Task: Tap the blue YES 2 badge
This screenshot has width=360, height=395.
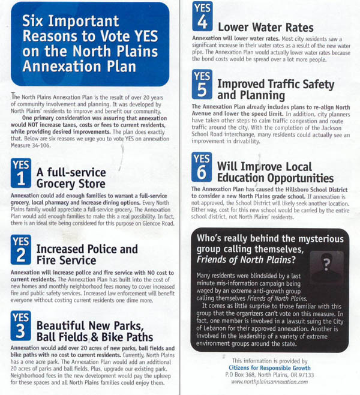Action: coord(22,248)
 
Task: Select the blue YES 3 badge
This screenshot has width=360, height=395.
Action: coord(22,325)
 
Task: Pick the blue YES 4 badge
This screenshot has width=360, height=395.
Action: coord(202,17)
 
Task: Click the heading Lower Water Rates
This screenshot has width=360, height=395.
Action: coord(265,27)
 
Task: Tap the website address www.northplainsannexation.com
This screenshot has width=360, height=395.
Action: coord(265,382)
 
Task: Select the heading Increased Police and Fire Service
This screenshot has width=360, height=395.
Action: coord(87,255)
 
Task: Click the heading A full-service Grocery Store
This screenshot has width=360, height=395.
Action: coord(71,178)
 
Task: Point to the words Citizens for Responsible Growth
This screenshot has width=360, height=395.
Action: coord(265,367)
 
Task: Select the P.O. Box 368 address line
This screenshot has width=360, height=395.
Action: coord(265,375)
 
